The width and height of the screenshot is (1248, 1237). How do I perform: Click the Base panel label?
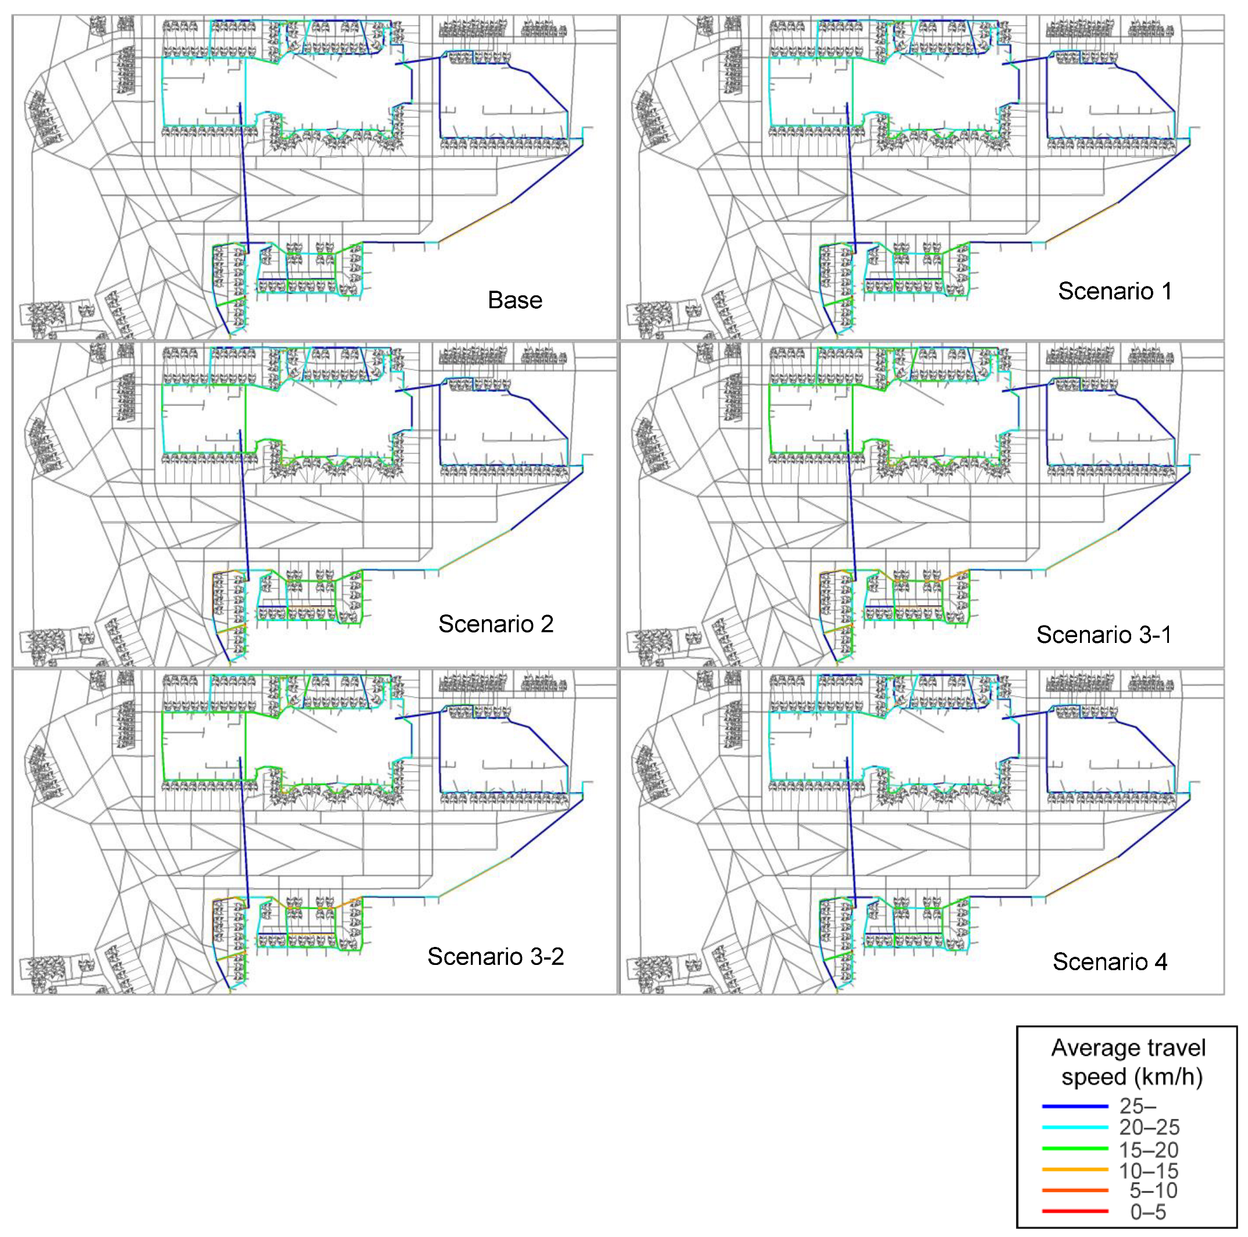(x=515, y=301)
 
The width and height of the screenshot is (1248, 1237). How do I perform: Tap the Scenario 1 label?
(x=1114, y=291)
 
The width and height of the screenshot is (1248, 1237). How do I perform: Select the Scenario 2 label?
(x=495, y=624)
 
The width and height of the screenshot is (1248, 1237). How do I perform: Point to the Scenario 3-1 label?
(x=1103, y=635)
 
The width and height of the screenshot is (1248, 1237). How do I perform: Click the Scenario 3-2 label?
(x=495, y=957)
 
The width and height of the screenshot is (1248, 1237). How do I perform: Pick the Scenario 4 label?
(x=1110, y=962)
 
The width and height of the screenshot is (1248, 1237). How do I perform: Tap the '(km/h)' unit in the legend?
(x=1167, y=1077)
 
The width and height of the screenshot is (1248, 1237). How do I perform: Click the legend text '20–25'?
(x=1149, y=1127)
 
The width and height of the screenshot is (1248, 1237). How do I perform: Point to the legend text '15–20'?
(x=1149, y=1150)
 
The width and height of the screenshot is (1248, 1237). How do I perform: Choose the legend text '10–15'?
(x=1149, y=1171)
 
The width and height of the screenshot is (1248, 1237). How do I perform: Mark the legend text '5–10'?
(x=1153, y=1190)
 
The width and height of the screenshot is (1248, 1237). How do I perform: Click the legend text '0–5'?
(x=1148, y=1212)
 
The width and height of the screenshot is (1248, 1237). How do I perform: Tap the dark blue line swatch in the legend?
(x=1075, y=1107)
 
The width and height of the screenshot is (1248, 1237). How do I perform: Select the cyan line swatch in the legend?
(x=1075, y=1127)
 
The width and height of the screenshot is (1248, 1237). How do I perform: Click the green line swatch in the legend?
(x=1075, y=1149)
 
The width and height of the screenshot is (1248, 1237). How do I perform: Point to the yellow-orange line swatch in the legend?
(x=1075, y=1169)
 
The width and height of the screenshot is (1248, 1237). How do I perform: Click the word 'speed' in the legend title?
(x=1091, y=1077)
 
